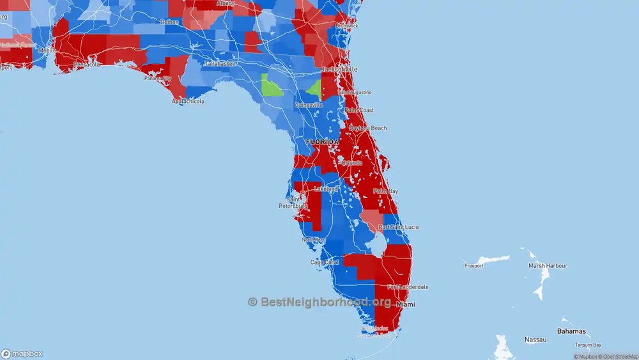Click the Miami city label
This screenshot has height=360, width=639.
click(405, 304)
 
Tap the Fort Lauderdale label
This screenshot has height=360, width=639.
click(408, 287)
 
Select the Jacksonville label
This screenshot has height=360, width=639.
click(339, 68)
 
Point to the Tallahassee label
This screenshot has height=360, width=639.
click(220, 64)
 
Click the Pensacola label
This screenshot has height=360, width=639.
click(87, 65)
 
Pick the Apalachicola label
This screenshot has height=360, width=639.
click(188, 101)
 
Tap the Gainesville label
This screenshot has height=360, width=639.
click(309, 104)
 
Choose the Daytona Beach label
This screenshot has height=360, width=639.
click(367, 128)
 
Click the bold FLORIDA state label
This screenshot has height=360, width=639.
click(323, 141)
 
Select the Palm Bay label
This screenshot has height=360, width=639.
click(385, 191)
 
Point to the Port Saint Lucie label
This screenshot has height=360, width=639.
click(399, 227)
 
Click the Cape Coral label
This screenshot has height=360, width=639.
click(324, 262)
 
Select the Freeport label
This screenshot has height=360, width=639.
click(473, 265)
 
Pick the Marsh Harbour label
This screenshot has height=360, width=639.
click(548, 265)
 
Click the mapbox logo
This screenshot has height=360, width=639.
click(22, 354)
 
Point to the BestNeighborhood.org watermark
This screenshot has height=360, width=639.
click(319, 302)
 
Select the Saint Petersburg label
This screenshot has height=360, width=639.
click(293, 203)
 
